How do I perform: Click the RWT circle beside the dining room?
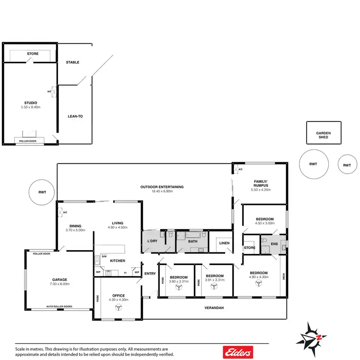coord(43,192)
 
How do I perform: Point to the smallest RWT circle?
coord(347,165)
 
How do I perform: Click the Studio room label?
coord(30,102)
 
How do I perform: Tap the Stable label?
coord(72,62)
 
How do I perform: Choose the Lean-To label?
coord(75,116)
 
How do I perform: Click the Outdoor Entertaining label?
coord(162,187)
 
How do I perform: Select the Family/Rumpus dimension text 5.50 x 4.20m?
coord(261,190)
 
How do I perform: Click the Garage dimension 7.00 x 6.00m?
coord(60,284)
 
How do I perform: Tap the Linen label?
coord(223,243)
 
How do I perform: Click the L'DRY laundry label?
coord(152,240)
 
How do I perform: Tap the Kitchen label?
coord(118,261)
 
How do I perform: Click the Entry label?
coord(150,274)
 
